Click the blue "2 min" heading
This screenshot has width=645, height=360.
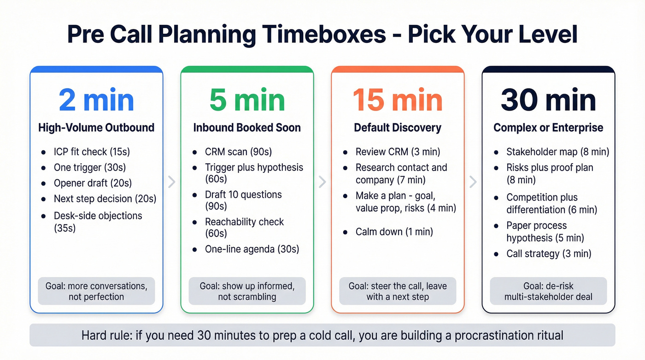[x=96, y=100]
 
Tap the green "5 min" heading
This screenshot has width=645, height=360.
[x=246, y=100]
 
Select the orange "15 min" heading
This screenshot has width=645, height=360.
[x=397, y=100]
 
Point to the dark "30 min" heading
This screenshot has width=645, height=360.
[x=548, y=100]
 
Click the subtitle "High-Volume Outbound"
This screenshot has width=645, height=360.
[x=96, y=128]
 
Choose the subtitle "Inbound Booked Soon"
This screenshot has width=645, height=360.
[x=246, y=128]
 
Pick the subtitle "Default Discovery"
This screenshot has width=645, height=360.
[x=397, y=128]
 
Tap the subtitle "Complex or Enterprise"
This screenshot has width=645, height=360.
[x=548, y=128]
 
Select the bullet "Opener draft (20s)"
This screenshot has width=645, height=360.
[x=93, y=183]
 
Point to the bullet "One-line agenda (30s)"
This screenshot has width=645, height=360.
[x=252, y=249]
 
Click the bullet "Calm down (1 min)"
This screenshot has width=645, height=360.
[x=394, y=231]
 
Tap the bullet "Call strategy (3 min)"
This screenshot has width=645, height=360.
[x=548, y=254]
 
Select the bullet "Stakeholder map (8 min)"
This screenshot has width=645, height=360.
[x=557, y=152]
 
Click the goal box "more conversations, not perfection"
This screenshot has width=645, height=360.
[x=96, y=291]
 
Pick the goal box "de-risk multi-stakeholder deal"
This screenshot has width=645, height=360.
[x=548, y=291]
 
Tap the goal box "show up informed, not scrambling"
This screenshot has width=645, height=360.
[x=246, y=291]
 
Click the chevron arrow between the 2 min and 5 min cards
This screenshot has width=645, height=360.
[x=171, y=182]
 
